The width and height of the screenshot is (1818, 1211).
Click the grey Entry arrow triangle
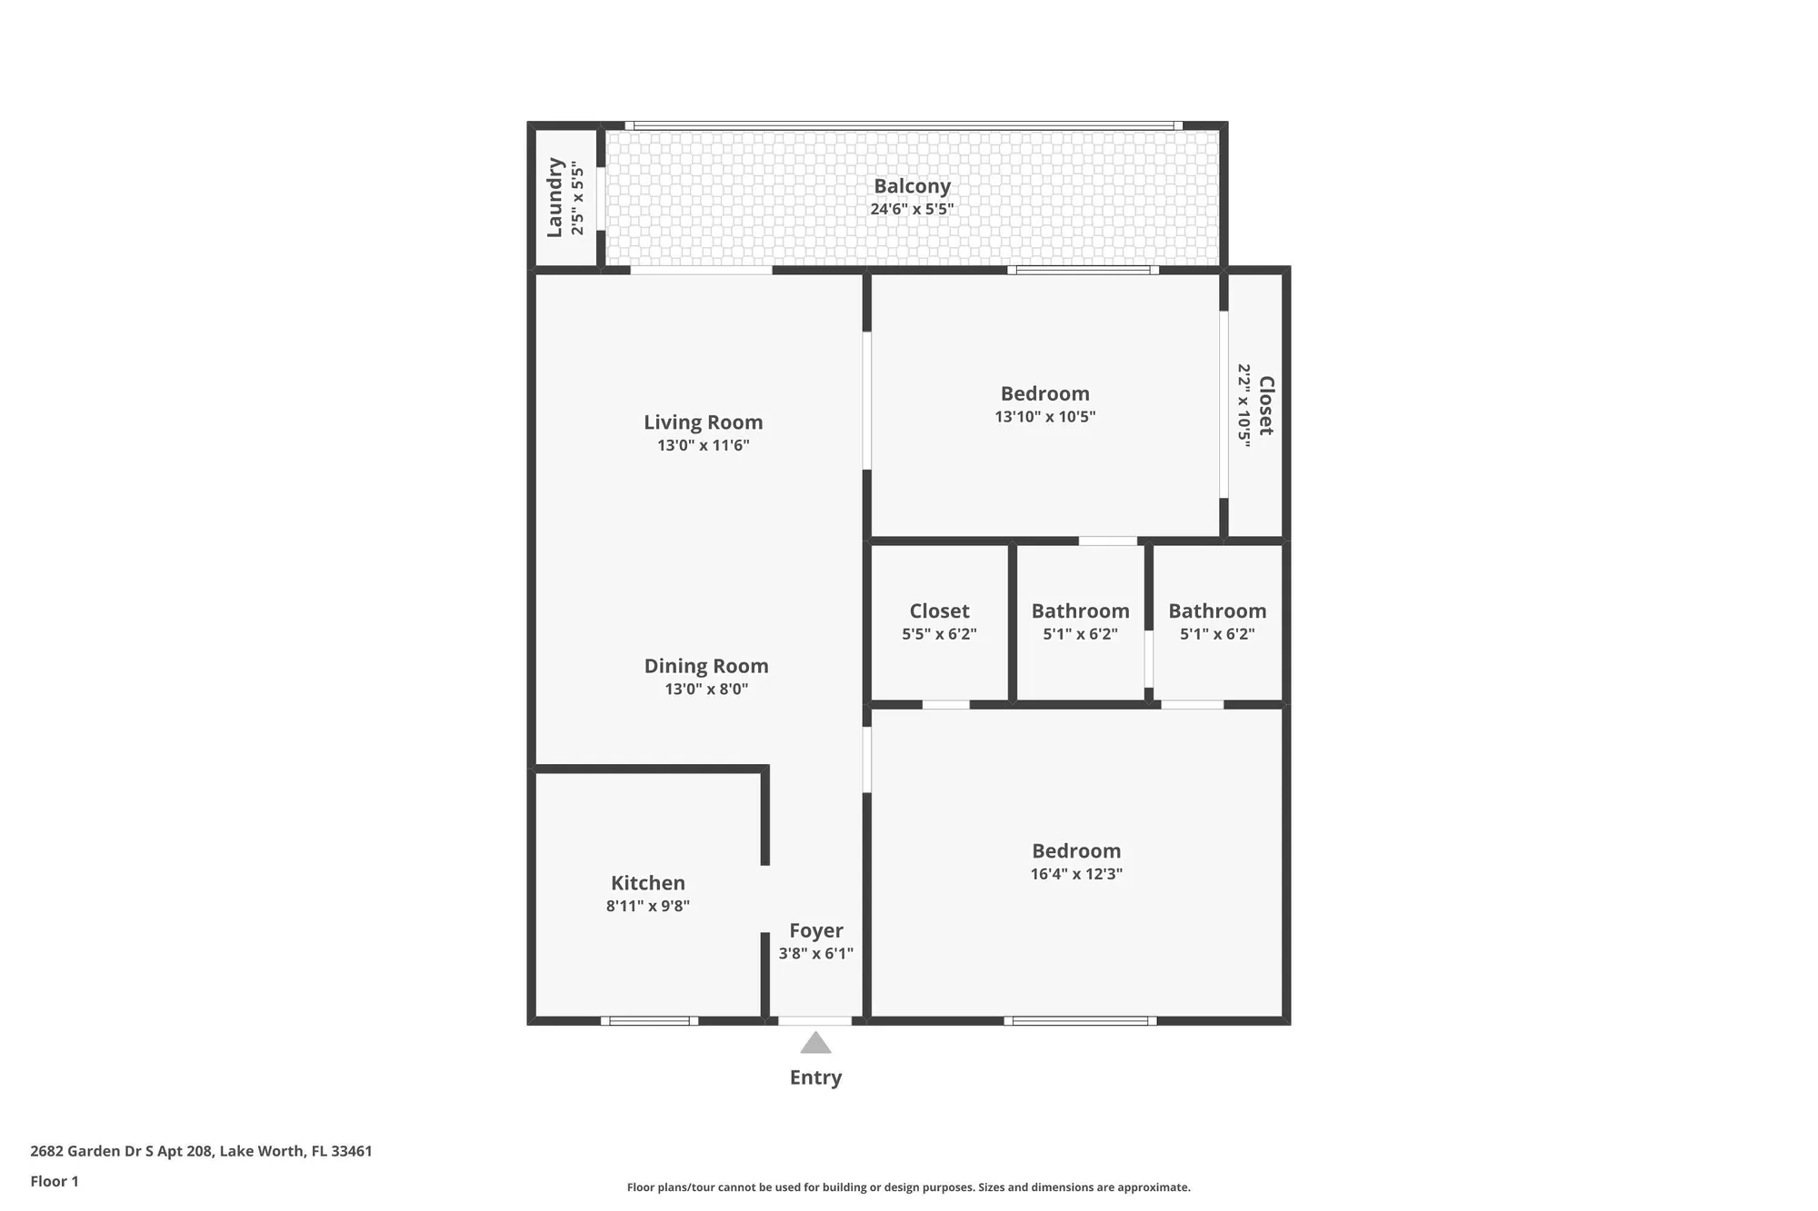pos(815,1044)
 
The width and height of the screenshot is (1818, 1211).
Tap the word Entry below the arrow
pos(815,1077)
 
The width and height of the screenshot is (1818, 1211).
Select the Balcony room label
pos(912,186)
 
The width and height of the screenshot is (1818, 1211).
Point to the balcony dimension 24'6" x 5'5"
pos(912,209)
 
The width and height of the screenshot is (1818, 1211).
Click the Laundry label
pos(554,197)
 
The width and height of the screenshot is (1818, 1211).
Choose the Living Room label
pos(703,422)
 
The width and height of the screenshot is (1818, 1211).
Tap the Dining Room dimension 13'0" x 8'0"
pos(706,690)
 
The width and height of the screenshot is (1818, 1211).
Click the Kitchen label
pos(647,883)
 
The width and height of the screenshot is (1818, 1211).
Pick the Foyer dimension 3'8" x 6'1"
pos(815,954)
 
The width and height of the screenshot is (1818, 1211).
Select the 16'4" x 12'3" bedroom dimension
pos(1076,874)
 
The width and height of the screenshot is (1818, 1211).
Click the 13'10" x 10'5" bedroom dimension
pos(1044,417)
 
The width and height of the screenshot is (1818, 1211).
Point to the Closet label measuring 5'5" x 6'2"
pos(939,611)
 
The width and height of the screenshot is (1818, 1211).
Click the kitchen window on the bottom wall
pos(649,1021)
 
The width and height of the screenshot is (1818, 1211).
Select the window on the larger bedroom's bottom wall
pos(1080,1021)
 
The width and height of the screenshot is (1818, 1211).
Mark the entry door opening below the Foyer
pos(814,1021)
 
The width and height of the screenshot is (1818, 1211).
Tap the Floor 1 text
pos(55,1181)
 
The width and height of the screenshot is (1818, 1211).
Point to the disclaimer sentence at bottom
pos(908,1187)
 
